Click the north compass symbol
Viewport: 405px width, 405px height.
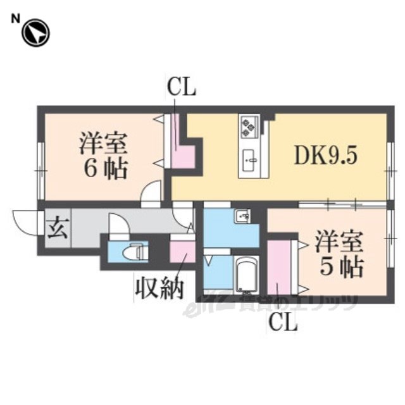point(35,34)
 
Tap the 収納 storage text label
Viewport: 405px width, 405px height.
point(158,288)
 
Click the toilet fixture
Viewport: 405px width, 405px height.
point(134,251)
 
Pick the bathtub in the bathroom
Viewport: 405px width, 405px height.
point(246,275)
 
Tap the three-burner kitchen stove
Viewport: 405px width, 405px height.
point(247,127)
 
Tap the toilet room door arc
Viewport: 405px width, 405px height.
point(118,224)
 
